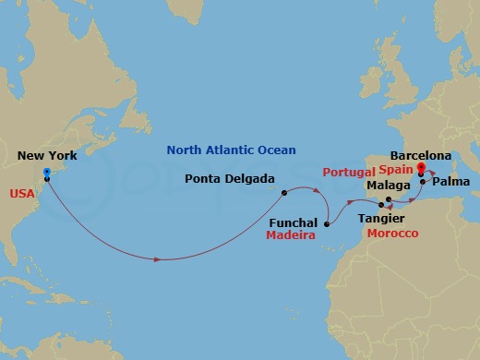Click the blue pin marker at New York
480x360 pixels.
click(46, 174)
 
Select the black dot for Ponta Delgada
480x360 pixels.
click(285, 193)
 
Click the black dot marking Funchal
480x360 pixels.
click(327, 222)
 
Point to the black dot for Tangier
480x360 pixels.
click(380, 205)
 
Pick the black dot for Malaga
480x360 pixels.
click(389, 199)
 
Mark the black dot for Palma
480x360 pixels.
click(422, 182)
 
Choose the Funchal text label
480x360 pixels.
click(294, 222)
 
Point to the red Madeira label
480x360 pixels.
click(292, 236)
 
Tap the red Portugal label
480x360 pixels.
click(349, 173)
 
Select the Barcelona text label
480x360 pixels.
click(421, 156)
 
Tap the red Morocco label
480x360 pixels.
click(392, 234)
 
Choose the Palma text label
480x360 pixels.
click(450, 184)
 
